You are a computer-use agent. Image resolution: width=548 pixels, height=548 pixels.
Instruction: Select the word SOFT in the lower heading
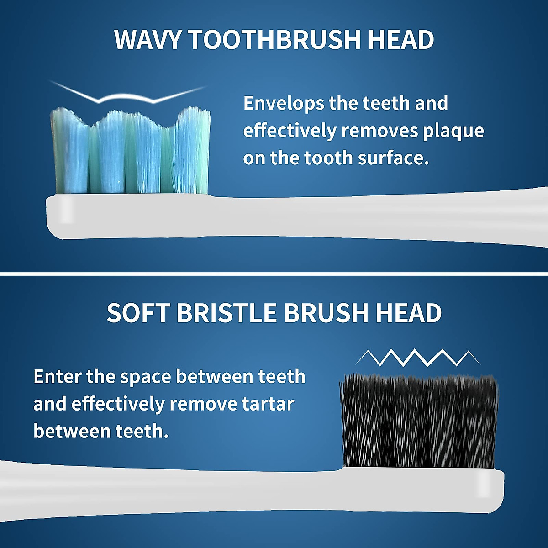[x=138, y=313]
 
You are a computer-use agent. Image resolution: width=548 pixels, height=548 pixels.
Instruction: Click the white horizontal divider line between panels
[x=274, y=274]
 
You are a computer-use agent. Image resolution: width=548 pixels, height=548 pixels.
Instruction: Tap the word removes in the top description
[x=379, y=131]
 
